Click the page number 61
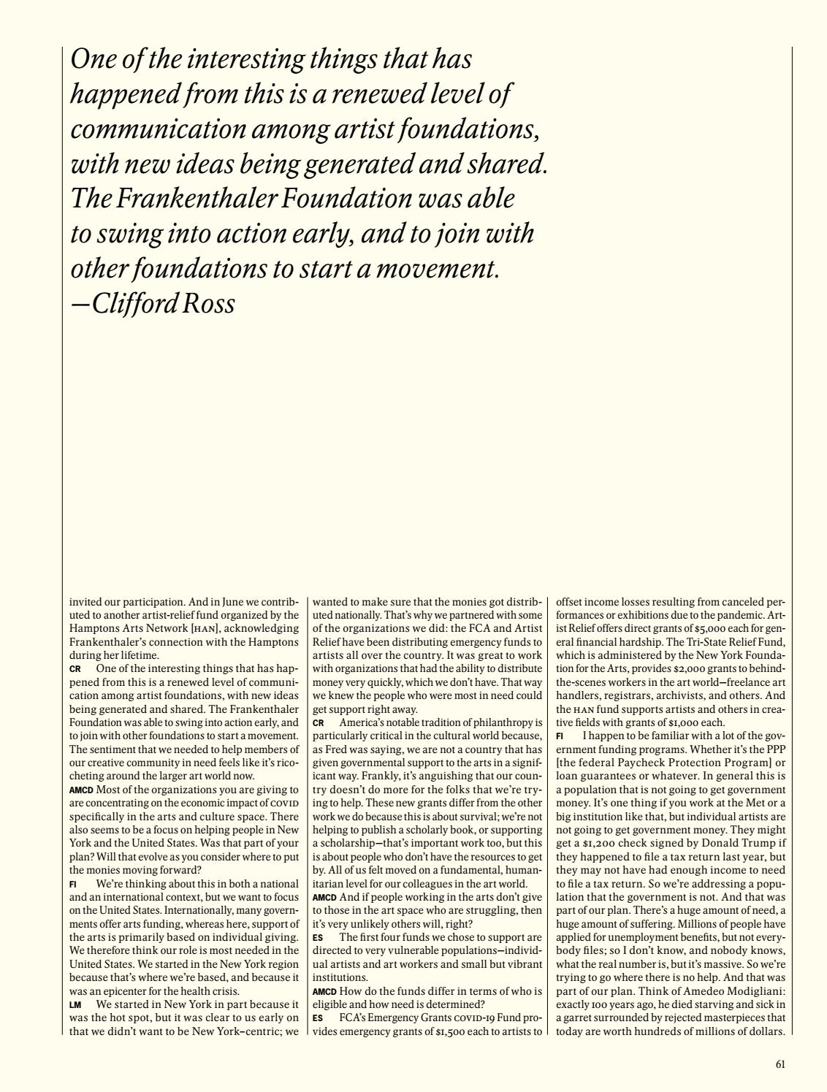780,1064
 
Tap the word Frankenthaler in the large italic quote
193,199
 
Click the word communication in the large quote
156,129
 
